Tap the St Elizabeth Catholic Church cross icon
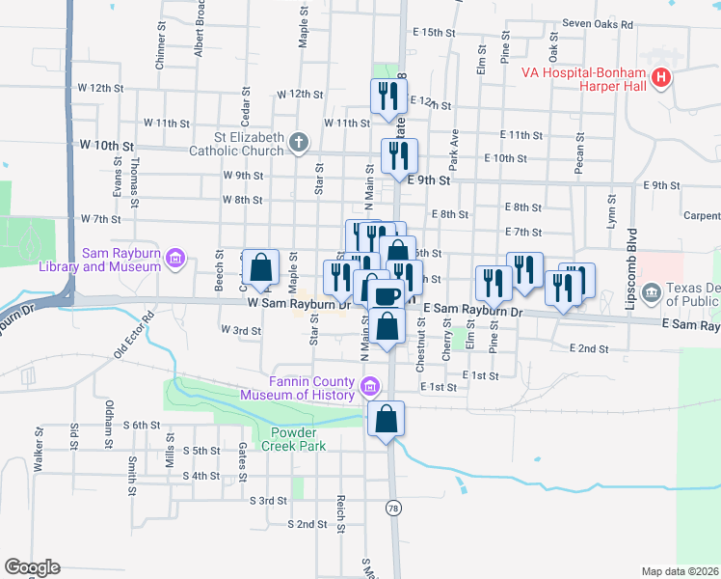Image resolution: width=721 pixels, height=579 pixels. pos(299,144)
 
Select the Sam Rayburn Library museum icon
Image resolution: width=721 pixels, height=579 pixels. pos(174,258)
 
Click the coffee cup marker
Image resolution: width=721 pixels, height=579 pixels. pos(386,295)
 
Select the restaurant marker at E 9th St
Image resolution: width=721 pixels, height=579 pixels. pos(398,155)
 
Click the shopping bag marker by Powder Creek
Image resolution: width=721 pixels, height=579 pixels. pos(386,419)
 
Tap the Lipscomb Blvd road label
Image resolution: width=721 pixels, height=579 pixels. pos(631,256)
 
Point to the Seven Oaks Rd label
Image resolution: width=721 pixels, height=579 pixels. pos(598,24)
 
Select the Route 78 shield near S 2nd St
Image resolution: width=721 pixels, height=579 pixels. pos(392,507)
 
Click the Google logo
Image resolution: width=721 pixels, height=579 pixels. pos(32,567)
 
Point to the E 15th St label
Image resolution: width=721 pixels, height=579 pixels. pos(424,33)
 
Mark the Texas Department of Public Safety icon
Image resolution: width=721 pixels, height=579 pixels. pos(652,290)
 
